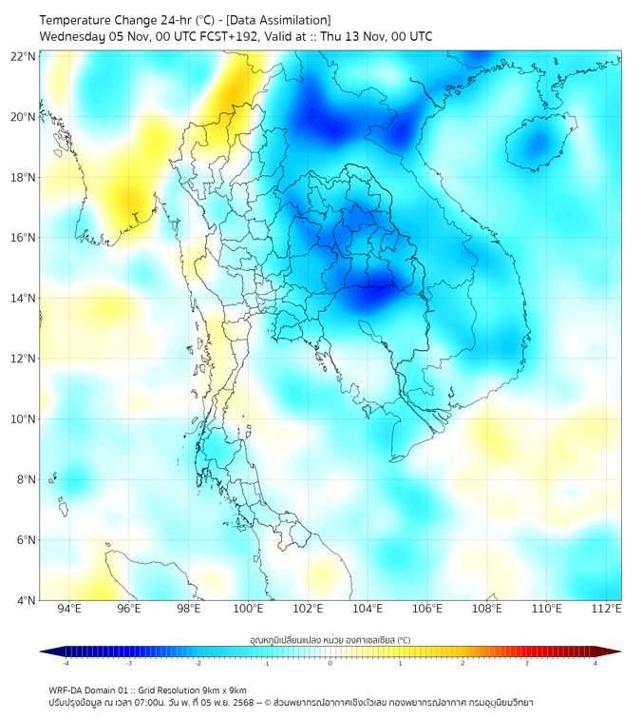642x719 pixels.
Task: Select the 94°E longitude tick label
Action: pyautogui.click(x=69, y=609)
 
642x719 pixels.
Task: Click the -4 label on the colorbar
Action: pyautogui.click(x=65, y=663)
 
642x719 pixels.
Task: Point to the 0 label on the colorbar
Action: pyautogui.click(x=330, y=663)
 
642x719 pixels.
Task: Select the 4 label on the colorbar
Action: pyautogui.click(x=595, y=663)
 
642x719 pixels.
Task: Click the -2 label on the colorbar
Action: pyautogui.click(x=197, y=663)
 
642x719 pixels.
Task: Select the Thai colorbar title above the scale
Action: pyautogui.click(x=330, y=640)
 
